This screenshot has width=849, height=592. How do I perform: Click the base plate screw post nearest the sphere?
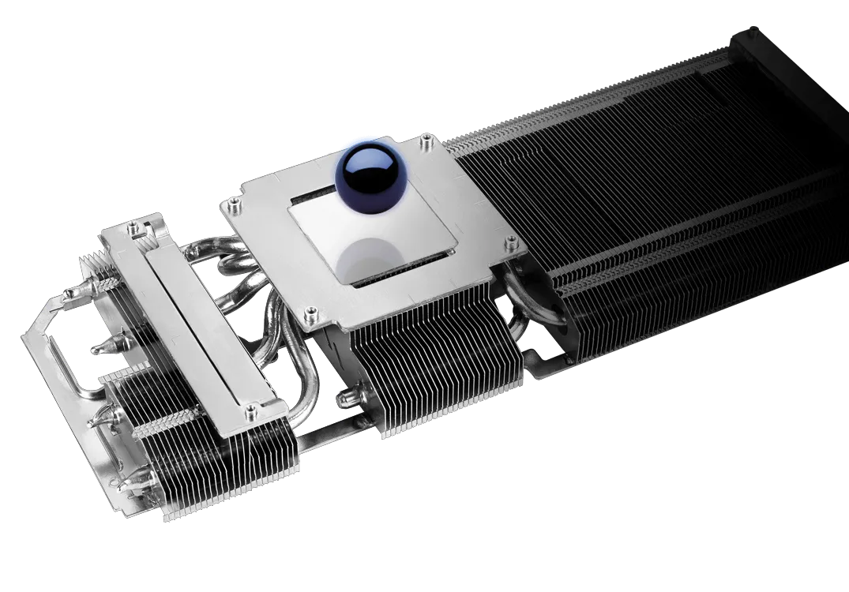tap(426, 142)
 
